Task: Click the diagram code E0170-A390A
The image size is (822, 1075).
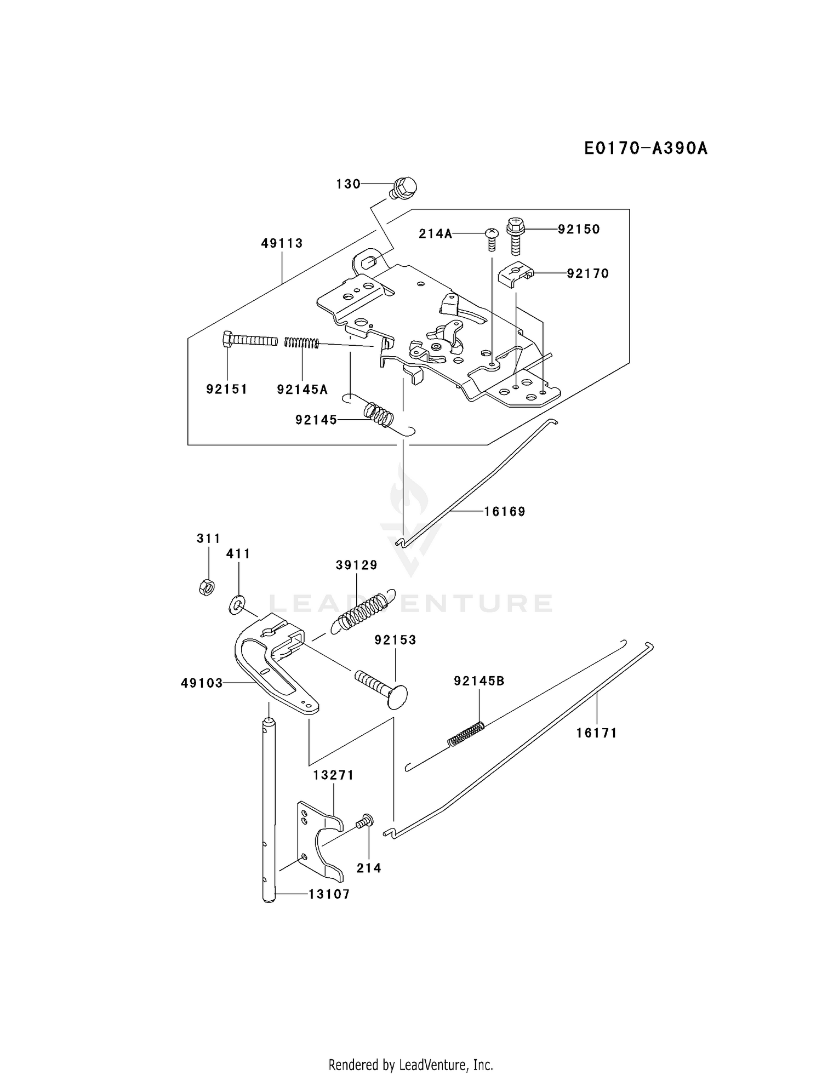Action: pos(645,148)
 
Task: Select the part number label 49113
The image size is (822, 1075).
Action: pos(282,243)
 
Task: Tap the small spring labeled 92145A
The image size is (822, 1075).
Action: pos(301,342)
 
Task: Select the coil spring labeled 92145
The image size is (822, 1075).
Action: pos(379,415)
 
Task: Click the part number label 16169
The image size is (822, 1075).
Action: pos(505,512)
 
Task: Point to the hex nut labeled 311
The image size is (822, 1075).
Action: pos(207,587)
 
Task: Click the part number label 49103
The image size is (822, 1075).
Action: pos(202,683)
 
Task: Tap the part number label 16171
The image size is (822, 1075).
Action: pos(596,733)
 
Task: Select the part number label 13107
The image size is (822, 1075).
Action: pos(329,894)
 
